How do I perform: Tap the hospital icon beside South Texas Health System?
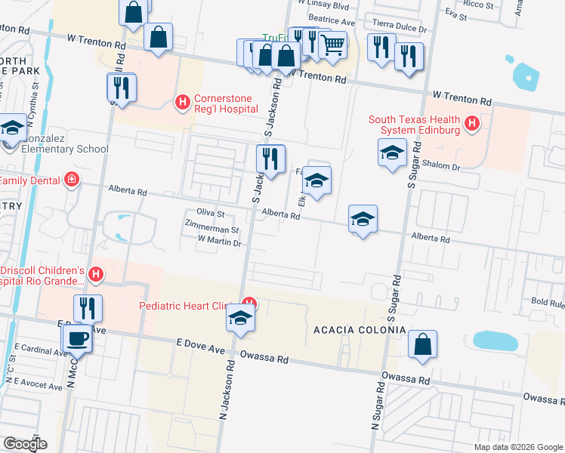[472, 122]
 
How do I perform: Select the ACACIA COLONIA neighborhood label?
[359, 331]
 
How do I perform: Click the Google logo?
[25, 443]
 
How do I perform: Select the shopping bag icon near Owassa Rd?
[423, 344]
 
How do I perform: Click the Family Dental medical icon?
[71, 180]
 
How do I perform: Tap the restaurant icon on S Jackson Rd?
[270, 159]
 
